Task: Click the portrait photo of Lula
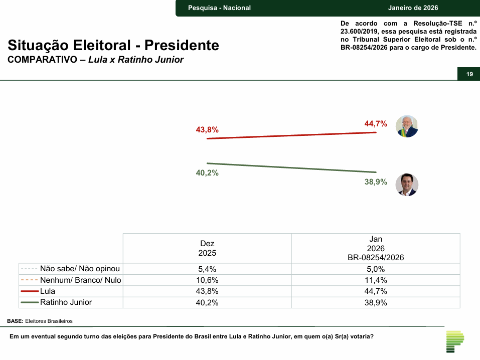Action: click(406, 126)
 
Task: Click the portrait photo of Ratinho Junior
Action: click(406, 185)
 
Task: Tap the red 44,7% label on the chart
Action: click(376, 123)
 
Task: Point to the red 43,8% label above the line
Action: click(207, 129)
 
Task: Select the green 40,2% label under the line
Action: click(207, 173)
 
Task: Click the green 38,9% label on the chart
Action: click(376, 182)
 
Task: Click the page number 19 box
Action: click(469, 74)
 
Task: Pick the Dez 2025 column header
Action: click(207, 248)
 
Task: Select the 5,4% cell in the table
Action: click(207, 269)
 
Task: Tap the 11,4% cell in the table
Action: click(376, 280)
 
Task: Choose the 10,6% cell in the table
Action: click(207, 280)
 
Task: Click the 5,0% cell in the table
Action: click(376, 269)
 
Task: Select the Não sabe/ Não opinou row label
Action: click(80, 269)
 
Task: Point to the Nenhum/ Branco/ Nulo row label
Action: click(80, 280)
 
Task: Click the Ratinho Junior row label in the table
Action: click(66, 302)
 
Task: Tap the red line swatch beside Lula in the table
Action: click(30, 291)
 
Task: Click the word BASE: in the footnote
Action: click(15, 320)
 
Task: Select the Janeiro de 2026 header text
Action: click(413, 8)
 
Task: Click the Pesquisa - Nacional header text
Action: click(219, 8)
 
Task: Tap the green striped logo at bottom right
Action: click(455, 341)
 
